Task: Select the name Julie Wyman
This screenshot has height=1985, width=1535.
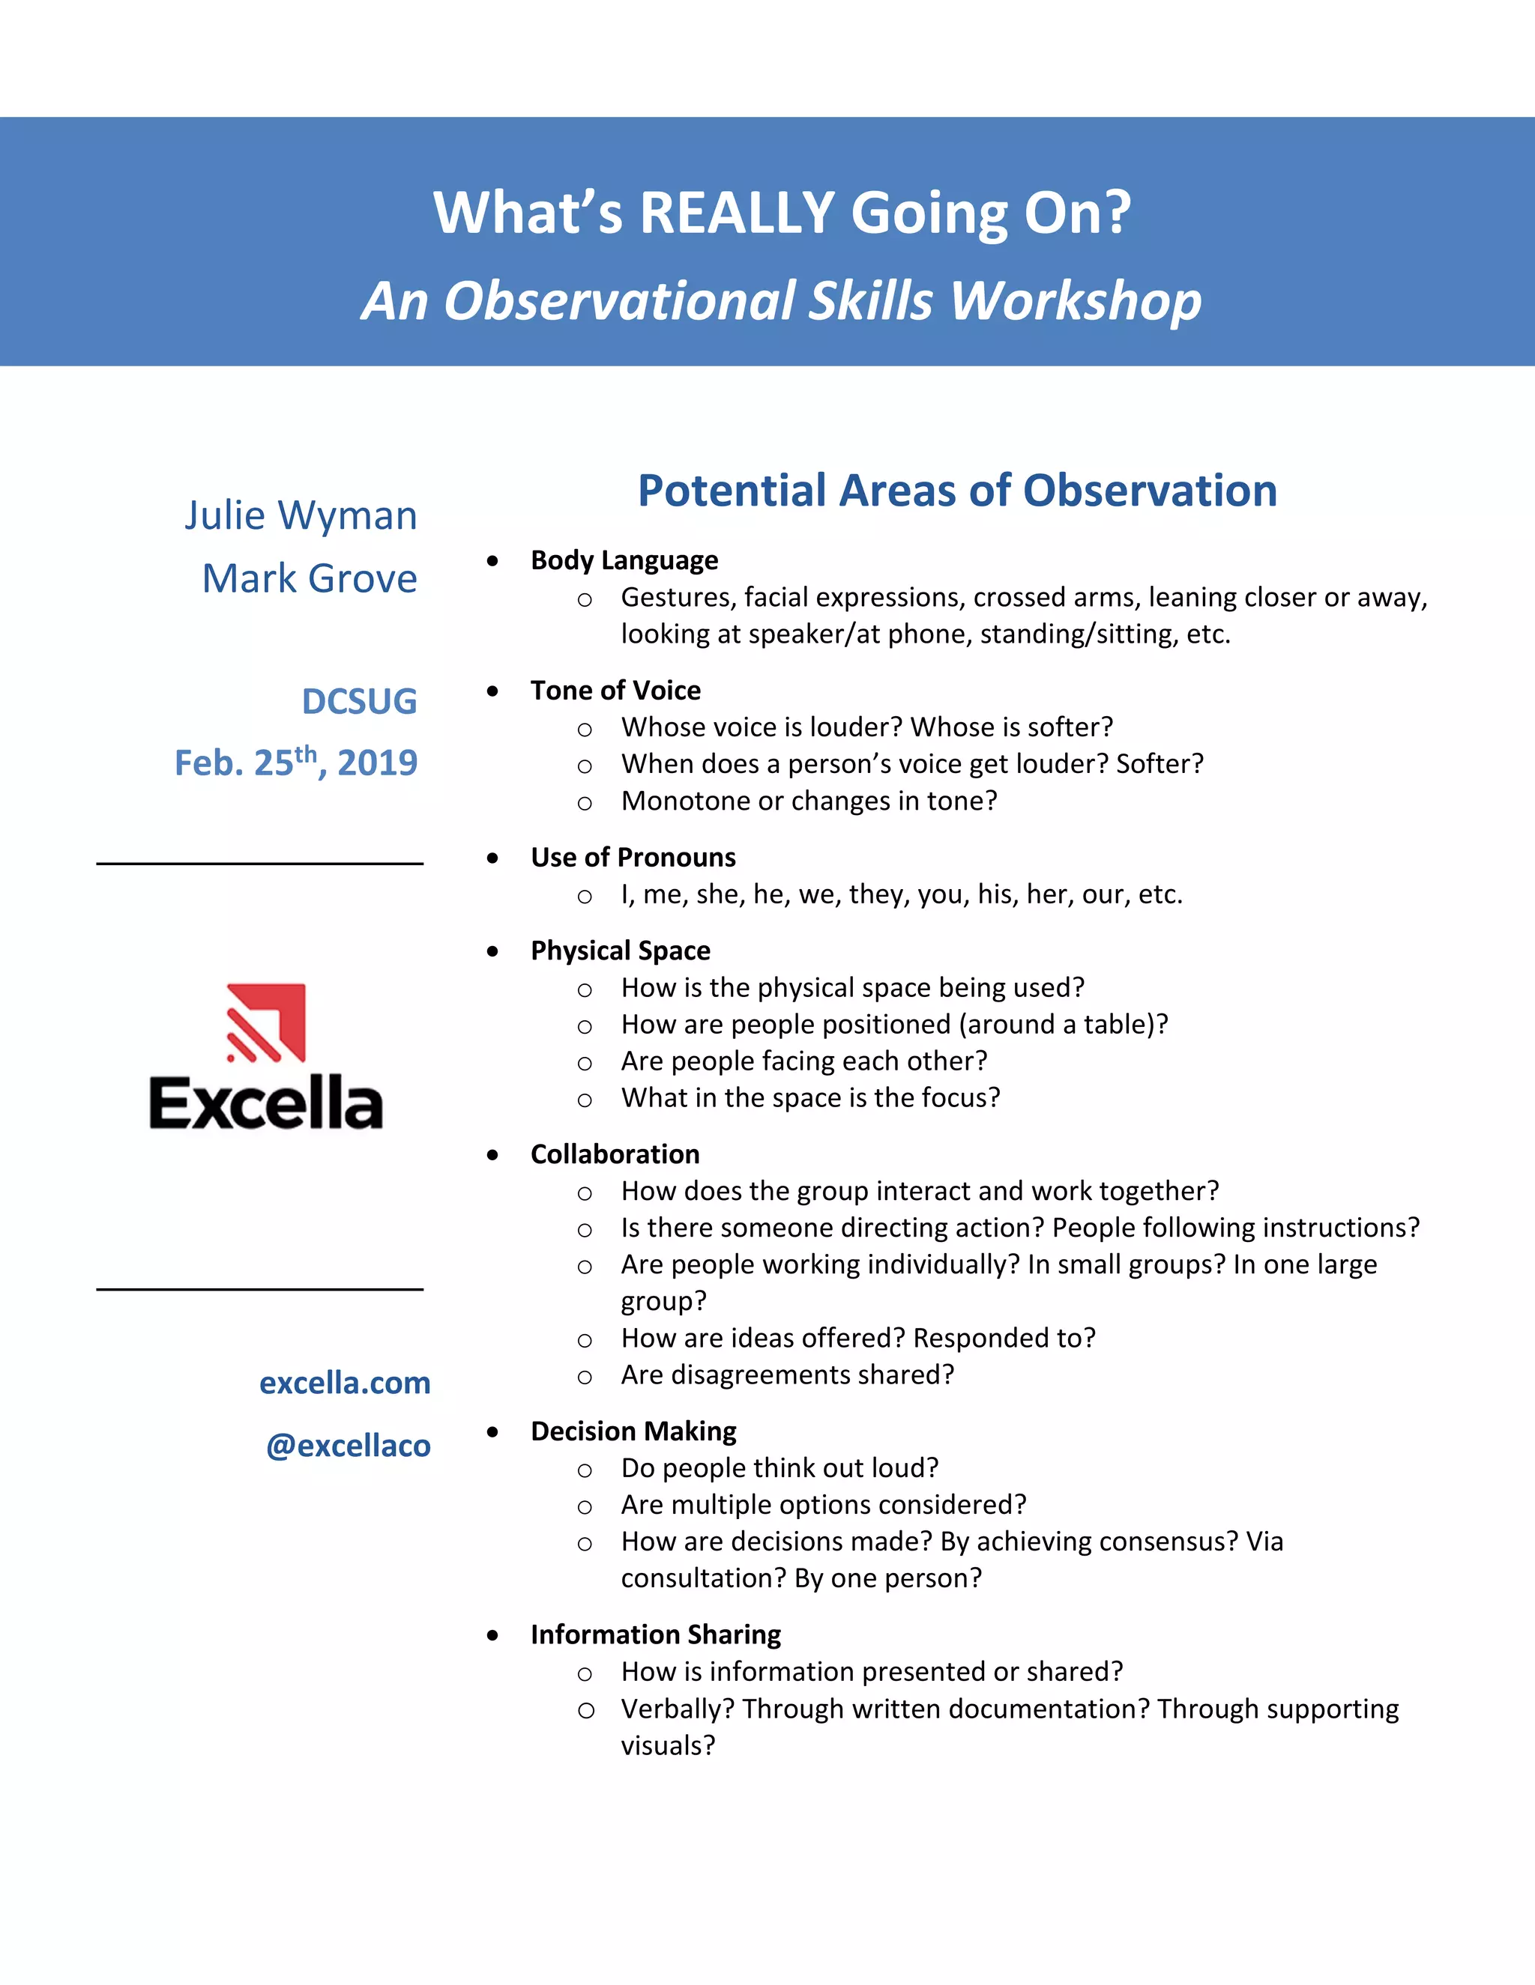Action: [301, 515]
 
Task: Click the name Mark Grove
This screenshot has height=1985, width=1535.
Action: [310, 578]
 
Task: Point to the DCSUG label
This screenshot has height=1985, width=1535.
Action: [359, 702]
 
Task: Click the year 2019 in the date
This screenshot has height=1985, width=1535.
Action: [378, 763]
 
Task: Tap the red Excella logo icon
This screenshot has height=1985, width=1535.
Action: [265, 1022]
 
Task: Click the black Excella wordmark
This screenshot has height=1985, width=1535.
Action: [265, 1103]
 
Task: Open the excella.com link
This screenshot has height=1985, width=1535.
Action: [345, 1383]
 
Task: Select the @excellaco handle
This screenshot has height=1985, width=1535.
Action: [349, 1445]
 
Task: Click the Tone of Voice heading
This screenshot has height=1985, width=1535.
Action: [615, 691]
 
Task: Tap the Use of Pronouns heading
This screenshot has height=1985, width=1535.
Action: [633, 857]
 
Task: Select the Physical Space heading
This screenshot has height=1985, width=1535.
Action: [620, 951]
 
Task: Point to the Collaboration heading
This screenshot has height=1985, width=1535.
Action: [615, 1154]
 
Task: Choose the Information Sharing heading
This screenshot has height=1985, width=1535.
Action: [656, 1635]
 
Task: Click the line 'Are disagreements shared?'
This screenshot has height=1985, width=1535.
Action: [788, 1375]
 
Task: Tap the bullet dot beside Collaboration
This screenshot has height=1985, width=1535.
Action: [493, 1155]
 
